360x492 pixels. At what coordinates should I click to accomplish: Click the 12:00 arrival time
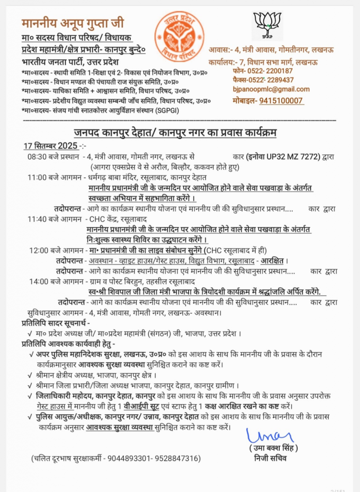point(38,250)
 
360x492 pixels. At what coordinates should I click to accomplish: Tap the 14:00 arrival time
point(38,282)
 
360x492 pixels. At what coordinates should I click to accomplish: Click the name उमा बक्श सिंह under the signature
point(273,448)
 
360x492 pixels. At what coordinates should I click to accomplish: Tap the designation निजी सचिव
point(271,458)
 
